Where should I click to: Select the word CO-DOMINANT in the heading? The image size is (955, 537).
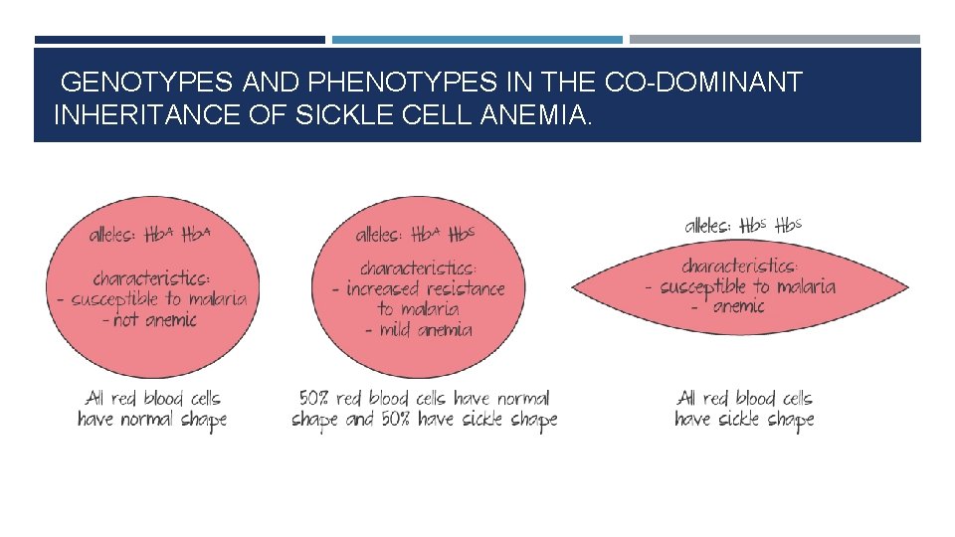[x=702, y=83]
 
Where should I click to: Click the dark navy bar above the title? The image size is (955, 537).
[x=179, y=40]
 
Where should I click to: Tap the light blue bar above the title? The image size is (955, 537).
[x=477, y=40]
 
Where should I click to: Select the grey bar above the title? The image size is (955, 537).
[x=774, y=40]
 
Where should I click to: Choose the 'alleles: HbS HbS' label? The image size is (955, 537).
[x=743, y=225]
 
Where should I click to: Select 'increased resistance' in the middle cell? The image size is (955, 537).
[x=425, y=289]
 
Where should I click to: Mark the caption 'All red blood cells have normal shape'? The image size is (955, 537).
[x=151, y=410]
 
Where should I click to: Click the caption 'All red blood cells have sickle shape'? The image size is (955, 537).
[x=744, y=410]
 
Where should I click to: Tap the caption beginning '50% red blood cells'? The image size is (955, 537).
[x=425, y=410]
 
